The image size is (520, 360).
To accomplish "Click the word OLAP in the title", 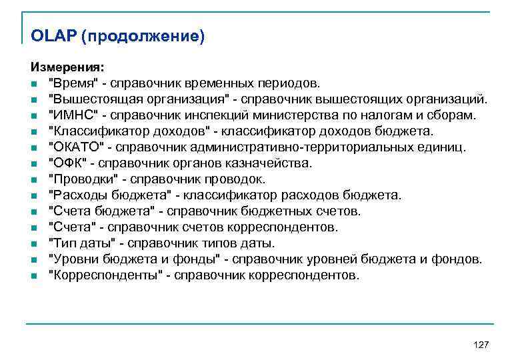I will (x=53, y=35).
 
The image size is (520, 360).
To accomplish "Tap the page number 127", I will (x=480, y=344).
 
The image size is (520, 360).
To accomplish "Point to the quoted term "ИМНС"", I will (x=71, y=115).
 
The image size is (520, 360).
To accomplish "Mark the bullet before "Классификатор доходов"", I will (x=33, y=132).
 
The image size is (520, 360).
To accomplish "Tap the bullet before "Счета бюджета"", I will (x=33, y=212).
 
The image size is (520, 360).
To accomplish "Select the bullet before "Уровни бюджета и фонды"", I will (x=33, y=260).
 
